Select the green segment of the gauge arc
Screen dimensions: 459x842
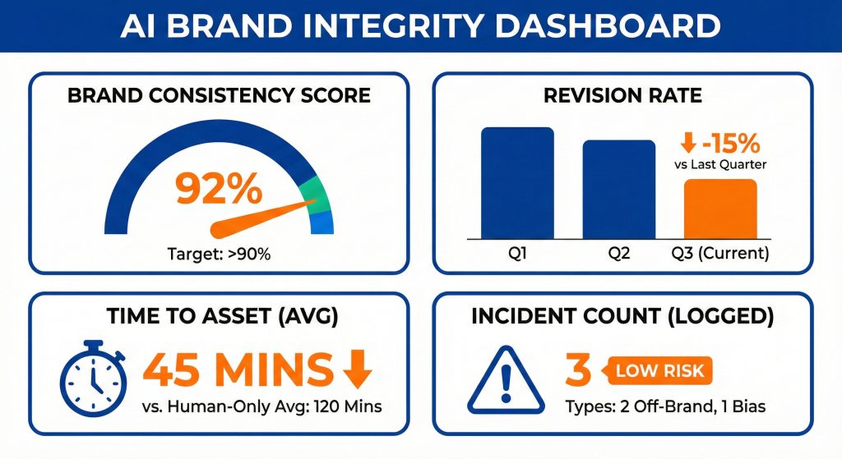pos(316,195)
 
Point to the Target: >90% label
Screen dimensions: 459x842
pos(220,255)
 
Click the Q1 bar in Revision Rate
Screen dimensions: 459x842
pos(517,182)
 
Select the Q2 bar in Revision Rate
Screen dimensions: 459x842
pos(619,189)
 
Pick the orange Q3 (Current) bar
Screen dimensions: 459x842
pos(720,208)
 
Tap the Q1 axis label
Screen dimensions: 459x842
pos(517,254)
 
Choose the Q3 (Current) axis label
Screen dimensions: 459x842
pos(720,254)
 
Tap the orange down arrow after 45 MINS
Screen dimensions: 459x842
pos(354,369)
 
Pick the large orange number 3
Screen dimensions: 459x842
pos(579,370)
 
